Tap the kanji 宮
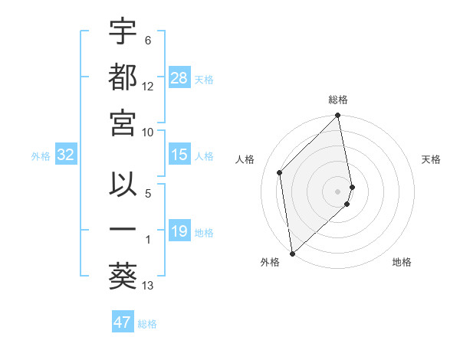point(123,122)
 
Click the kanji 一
point(123,230)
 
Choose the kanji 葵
point(123,275)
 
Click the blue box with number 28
point(179,78)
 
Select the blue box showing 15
point(179,155)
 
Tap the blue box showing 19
point(179,231)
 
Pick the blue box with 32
point(66,155)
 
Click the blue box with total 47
point(123,322)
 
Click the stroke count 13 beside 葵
point(148,286)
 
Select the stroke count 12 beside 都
point(148,87)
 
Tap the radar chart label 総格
point(338,100)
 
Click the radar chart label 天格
point(431,159)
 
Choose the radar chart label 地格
point(402,262)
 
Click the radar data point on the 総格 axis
point(338,116)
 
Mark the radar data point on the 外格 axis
point(292,253)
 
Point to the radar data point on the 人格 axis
point(280,172)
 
